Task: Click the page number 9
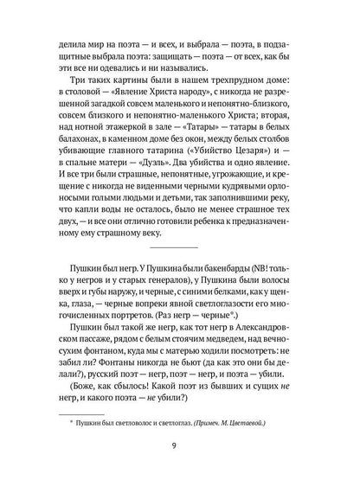[180, 446]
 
